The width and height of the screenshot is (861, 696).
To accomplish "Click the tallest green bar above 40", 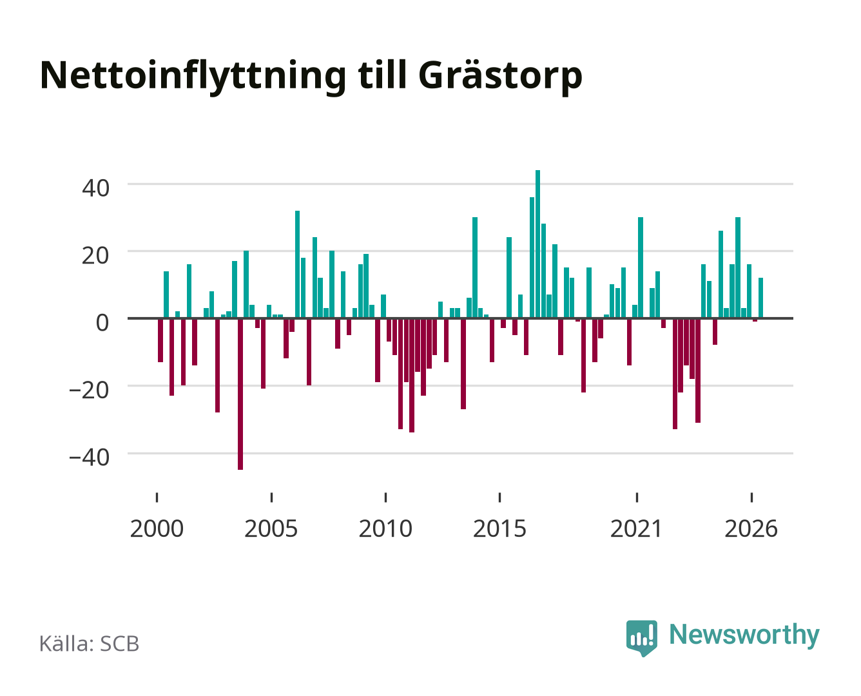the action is [537, 244].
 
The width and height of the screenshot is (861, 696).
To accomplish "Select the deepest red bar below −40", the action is [240, 394].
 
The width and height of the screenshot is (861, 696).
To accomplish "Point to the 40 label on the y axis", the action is [95, 188].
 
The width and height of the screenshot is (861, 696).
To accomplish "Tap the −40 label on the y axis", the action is [89, 458].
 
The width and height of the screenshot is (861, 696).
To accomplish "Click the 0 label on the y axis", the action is [102, 323].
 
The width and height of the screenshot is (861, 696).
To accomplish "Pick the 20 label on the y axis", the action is [95, 256].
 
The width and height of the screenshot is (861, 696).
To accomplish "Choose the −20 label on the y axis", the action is [89, 390].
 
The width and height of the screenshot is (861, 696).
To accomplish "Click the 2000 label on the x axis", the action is [157, 528].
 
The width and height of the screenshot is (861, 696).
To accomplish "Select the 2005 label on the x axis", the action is [271, 528].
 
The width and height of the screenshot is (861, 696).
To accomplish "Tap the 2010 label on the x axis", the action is [385, 528].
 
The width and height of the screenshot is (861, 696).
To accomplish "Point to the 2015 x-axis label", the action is [499, 528].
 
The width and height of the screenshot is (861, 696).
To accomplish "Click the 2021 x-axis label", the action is [637, 528].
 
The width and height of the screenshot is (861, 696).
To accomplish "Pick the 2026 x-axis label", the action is [751, 528].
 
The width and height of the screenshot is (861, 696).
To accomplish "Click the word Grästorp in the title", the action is [501, 76].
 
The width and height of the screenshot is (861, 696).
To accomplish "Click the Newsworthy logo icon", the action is [642, 638].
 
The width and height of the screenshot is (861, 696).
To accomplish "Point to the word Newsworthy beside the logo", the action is [744, 635].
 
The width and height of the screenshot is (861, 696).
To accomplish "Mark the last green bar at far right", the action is [760, 298].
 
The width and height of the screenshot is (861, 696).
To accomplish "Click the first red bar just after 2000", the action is [160, 340].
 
